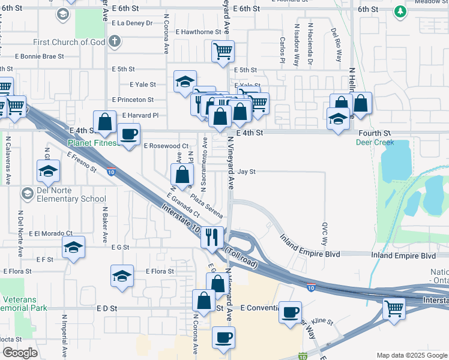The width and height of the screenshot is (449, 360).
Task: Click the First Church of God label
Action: click(69, 42)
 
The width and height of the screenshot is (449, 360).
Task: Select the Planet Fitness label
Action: click(91, 143)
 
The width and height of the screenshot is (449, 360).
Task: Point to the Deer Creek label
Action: click(375, 143)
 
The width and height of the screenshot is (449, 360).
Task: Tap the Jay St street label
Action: click(246, 172)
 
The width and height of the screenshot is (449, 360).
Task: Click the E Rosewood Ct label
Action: click(166, 146)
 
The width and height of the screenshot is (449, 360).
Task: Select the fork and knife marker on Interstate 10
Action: click(212, 237)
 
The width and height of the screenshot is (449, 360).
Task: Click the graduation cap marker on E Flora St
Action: click(122, 276)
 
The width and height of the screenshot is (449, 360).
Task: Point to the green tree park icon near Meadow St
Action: click(400, 11)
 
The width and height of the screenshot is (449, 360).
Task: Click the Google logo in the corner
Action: click(20, 353)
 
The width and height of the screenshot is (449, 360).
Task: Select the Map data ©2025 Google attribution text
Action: click(412, 355)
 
